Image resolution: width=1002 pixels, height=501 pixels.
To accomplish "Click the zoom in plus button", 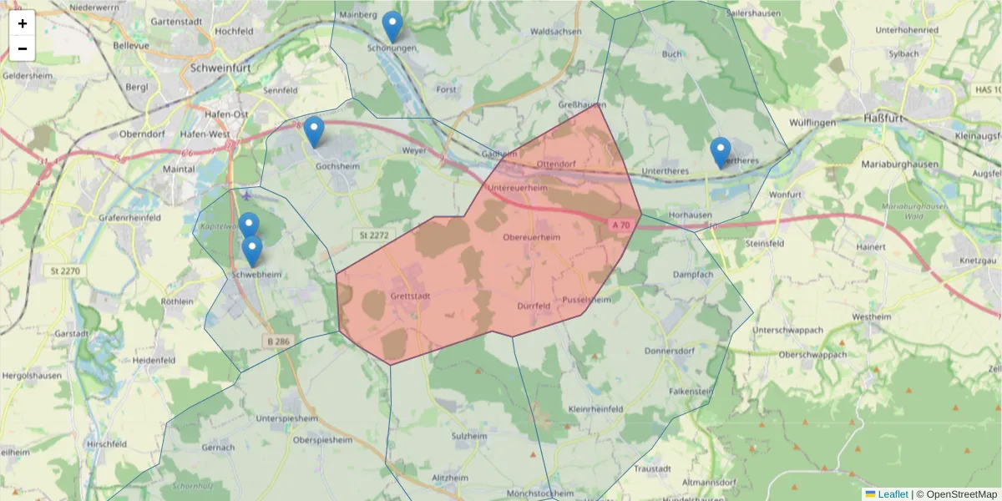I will [23, 23].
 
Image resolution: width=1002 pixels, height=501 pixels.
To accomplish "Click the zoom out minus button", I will [23, 48].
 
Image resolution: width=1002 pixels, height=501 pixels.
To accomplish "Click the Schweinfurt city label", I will [223, 68].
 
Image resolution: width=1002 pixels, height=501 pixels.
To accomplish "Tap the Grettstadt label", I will [409, 296].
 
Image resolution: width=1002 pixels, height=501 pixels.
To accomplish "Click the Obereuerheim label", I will [532, 237].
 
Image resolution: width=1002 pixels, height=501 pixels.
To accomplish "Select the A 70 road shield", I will [620, 225].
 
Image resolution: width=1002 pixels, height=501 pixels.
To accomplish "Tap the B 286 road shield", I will [279, 342].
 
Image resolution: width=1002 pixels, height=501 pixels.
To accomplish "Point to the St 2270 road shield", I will [65, 271].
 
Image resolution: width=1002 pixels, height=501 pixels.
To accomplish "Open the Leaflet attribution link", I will [892, 494].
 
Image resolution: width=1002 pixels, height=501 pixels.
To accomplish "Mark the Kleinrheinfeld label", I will [595, 409].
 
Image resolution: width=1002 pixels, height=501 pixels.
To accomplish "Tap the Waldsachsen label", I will [556, 31].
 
